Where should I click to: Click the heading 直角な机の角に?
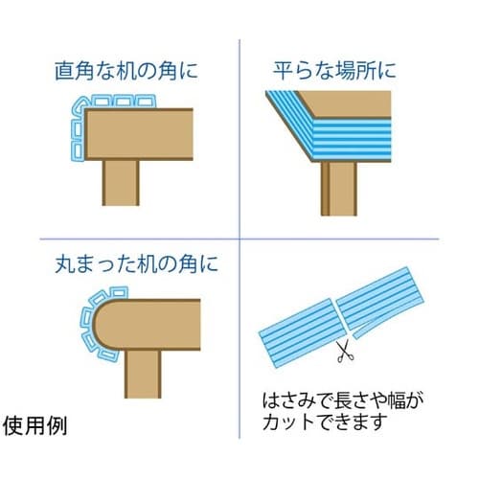(x=126, y=71)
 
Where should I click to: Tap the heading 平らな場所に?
(x=334, y=70)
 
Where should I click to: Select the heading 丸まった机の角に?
(x=136, y=263)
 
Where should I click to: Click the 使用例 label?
(x=34, y=425)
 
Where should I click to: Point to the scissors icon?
(x=345, y=351)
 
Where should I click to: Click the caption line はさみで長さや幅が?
(x=343, y=400)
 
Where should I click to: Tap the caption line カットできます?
(x=325, y=422)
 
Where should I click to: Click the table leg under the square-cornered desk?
(x=121, y=183)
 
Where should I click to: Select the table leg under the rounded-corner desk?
(x=143, y=375)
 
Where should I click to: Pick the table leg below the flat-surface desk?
(x=339, y=189)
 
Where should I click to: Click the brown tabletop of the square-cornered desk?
(x=139, y=134)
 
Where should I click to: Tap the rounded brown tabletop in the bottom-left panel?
(x=147, y=325)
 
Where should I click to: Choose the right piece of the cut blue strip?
(x=380, y=298)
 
